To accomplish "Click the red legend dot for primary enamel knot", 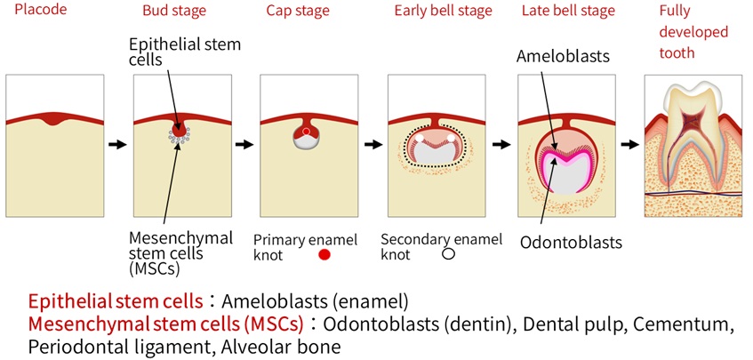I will pos(324,255).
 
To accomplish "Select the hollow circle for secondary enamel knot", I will pos(449,254).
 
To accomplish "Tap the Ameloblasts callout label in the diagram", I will pos(563,56).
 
